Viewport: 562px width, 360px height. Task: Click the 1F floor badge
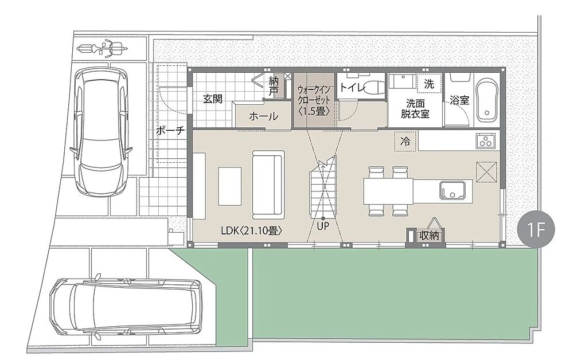[x=537, y=230]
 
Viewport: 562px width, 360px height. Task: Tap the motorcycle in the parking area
[x=103, y=48]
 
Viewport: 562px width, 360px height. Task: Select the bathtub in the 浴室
[x=487, y=98]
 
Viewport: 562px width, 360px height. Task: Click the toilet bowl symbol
[x=373, y=87]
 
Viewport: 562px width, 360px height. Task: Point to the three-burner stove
[x=486, y=140]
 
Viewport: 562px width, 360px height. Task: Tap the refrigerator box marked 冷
[x=405, y=141]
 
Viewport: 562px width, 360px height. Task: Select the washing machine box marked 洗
[x=429, y=84]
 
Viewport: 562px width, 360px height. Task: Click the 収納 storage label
[x=429, y=236]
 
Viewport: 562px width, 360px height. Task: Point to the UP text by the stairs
[x=323, y=226]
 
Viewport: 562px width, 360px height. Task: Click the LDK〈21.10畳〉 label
[x=252, y=231]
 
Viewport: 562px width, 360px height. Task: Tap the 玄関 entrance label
[x=213, y=99]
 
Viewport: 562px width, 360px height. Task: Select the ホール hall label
[x=263, y=116]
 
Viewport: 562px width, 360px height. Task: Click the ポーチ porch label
[x=170, y=130]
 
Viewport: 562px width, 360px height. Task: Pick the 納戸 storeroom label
[x=274, y=87]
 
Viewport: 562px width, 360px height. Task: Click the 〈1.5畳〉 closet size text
[x=314, y=112]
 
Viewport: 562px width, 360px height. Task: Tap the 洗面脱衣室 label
[x=415, y=108]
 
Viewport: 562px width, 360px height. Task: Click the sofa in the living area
[x=268, y=185]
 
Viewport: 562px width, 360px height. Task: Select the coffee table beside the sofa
[x=230, y=186]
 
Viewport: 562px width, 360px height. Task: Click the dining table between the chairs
[x=389, y=191]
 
